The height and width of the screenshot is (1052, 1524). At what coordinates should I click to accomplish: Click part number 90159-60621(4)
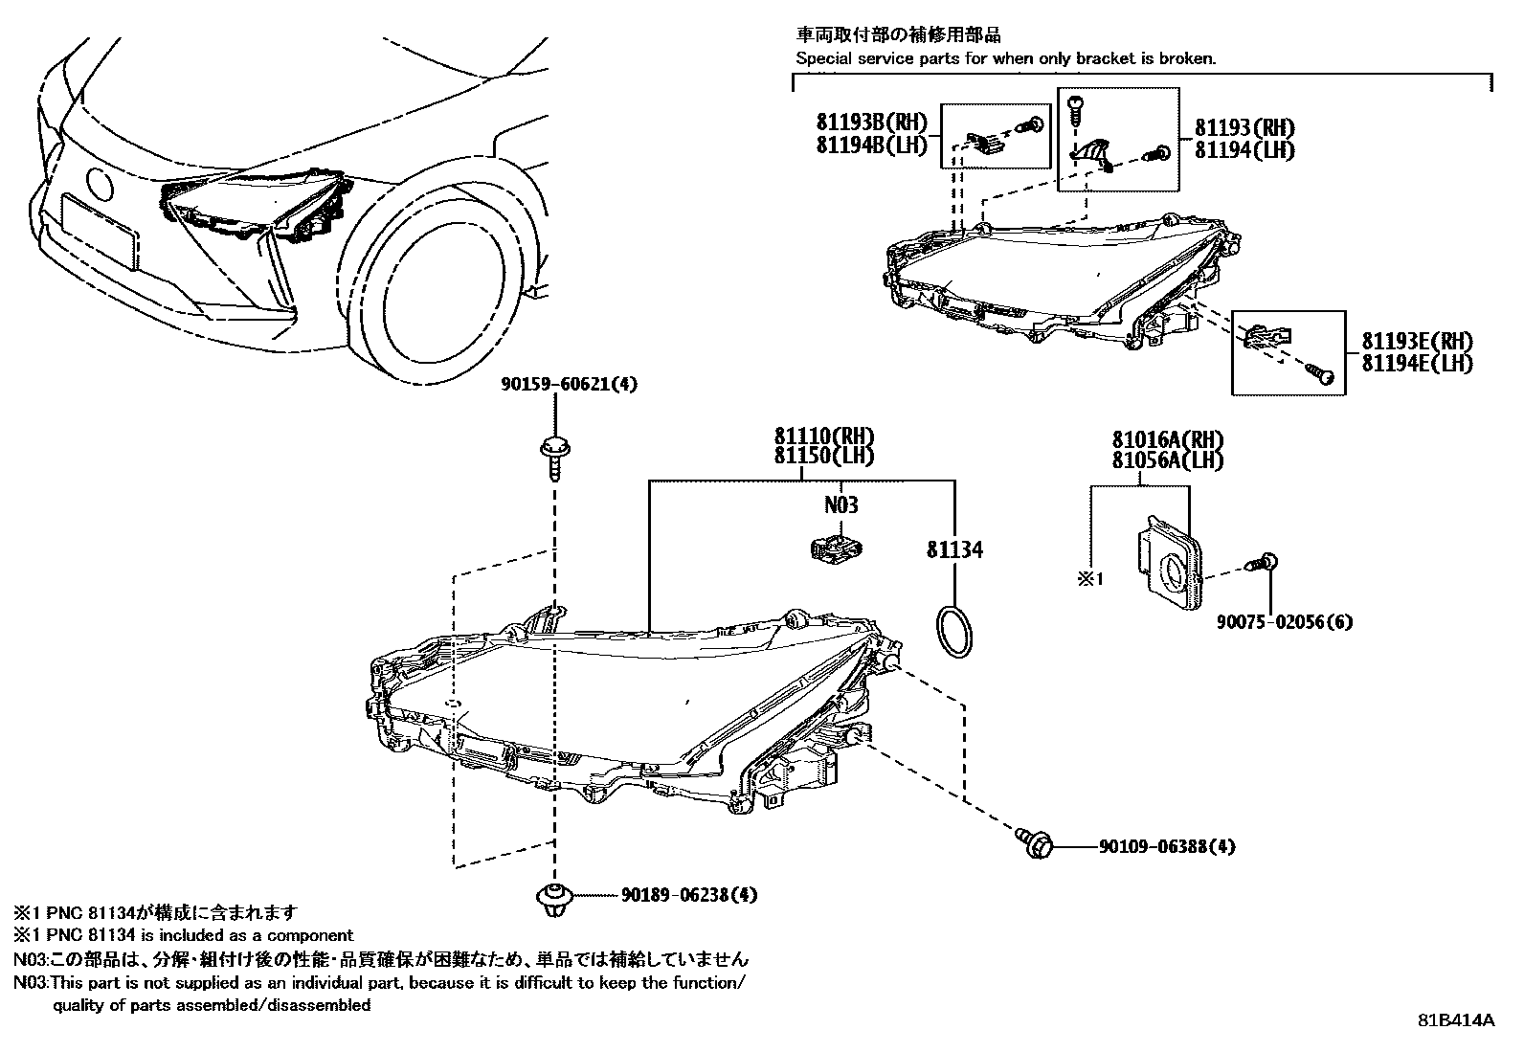point(569,385)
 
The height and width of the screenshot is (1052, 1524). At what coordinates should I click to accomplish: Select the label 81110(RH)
point(824,436)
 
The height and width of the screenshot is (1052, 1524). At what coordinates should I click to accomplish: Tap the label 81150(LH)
point(824,456)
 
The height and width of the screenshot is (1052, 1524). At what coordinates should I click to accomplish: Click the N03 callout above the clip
point(840,504)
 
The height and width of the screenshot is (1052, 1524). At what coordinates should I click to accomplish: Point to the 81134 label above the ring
point(954,549)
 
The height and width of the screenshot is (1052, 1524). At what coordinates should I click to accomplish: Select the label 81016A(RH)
point(1168,439)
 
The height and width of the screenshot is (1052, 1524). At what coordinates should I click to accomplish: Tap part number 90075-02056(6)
point(1285,622)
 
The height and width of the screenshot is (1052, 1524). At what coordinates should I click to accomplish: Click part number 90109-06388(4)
point(1167,846)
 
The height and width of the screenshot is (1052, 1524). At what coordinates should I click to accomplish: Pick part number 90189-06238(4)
point(689,894)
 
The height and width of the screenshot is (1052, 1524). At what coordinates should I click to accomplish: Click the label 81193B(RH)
point(872,123)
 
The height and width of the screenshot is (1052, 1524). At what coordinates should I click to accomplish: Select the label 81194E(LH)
point(1417,364)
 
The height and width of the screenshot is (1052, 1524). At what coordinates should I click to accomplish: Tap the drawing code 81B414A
point(1456,1020)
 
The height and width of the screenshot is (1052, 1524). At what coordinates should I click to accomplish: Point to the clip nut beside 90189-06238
point(554,899)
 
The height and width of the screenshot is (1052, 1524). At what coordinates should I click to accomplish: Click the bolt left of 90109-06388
point(1035,843)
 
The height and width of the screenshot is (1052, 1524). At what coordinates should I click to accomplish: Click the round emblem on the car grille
point(100,183)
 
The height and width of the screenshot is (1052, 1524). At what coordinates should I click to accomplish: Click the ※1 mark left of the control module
point(1090,579)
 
